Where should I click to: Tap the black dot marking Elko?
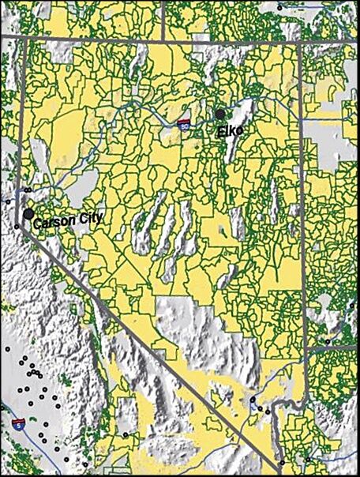click(x=220, y=115)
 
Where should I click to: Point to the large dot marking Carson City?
click(x=28, y=214)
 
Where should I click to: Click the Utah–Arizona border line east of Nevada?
click(x=332, y=347)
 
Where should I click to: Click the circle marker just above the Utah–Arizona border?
click(x=328, y=341)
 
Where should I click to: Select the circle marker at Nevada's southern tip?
click(x=282, y=461)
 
